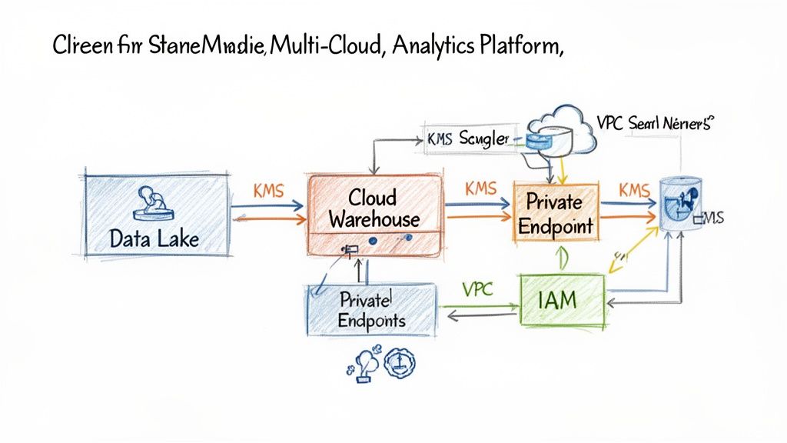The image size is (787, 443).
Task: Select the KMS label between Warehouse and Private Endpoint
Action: [x=481, y=188]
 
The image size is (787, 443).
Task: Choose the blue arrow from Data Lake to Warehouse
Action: [x=267, y=206]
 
